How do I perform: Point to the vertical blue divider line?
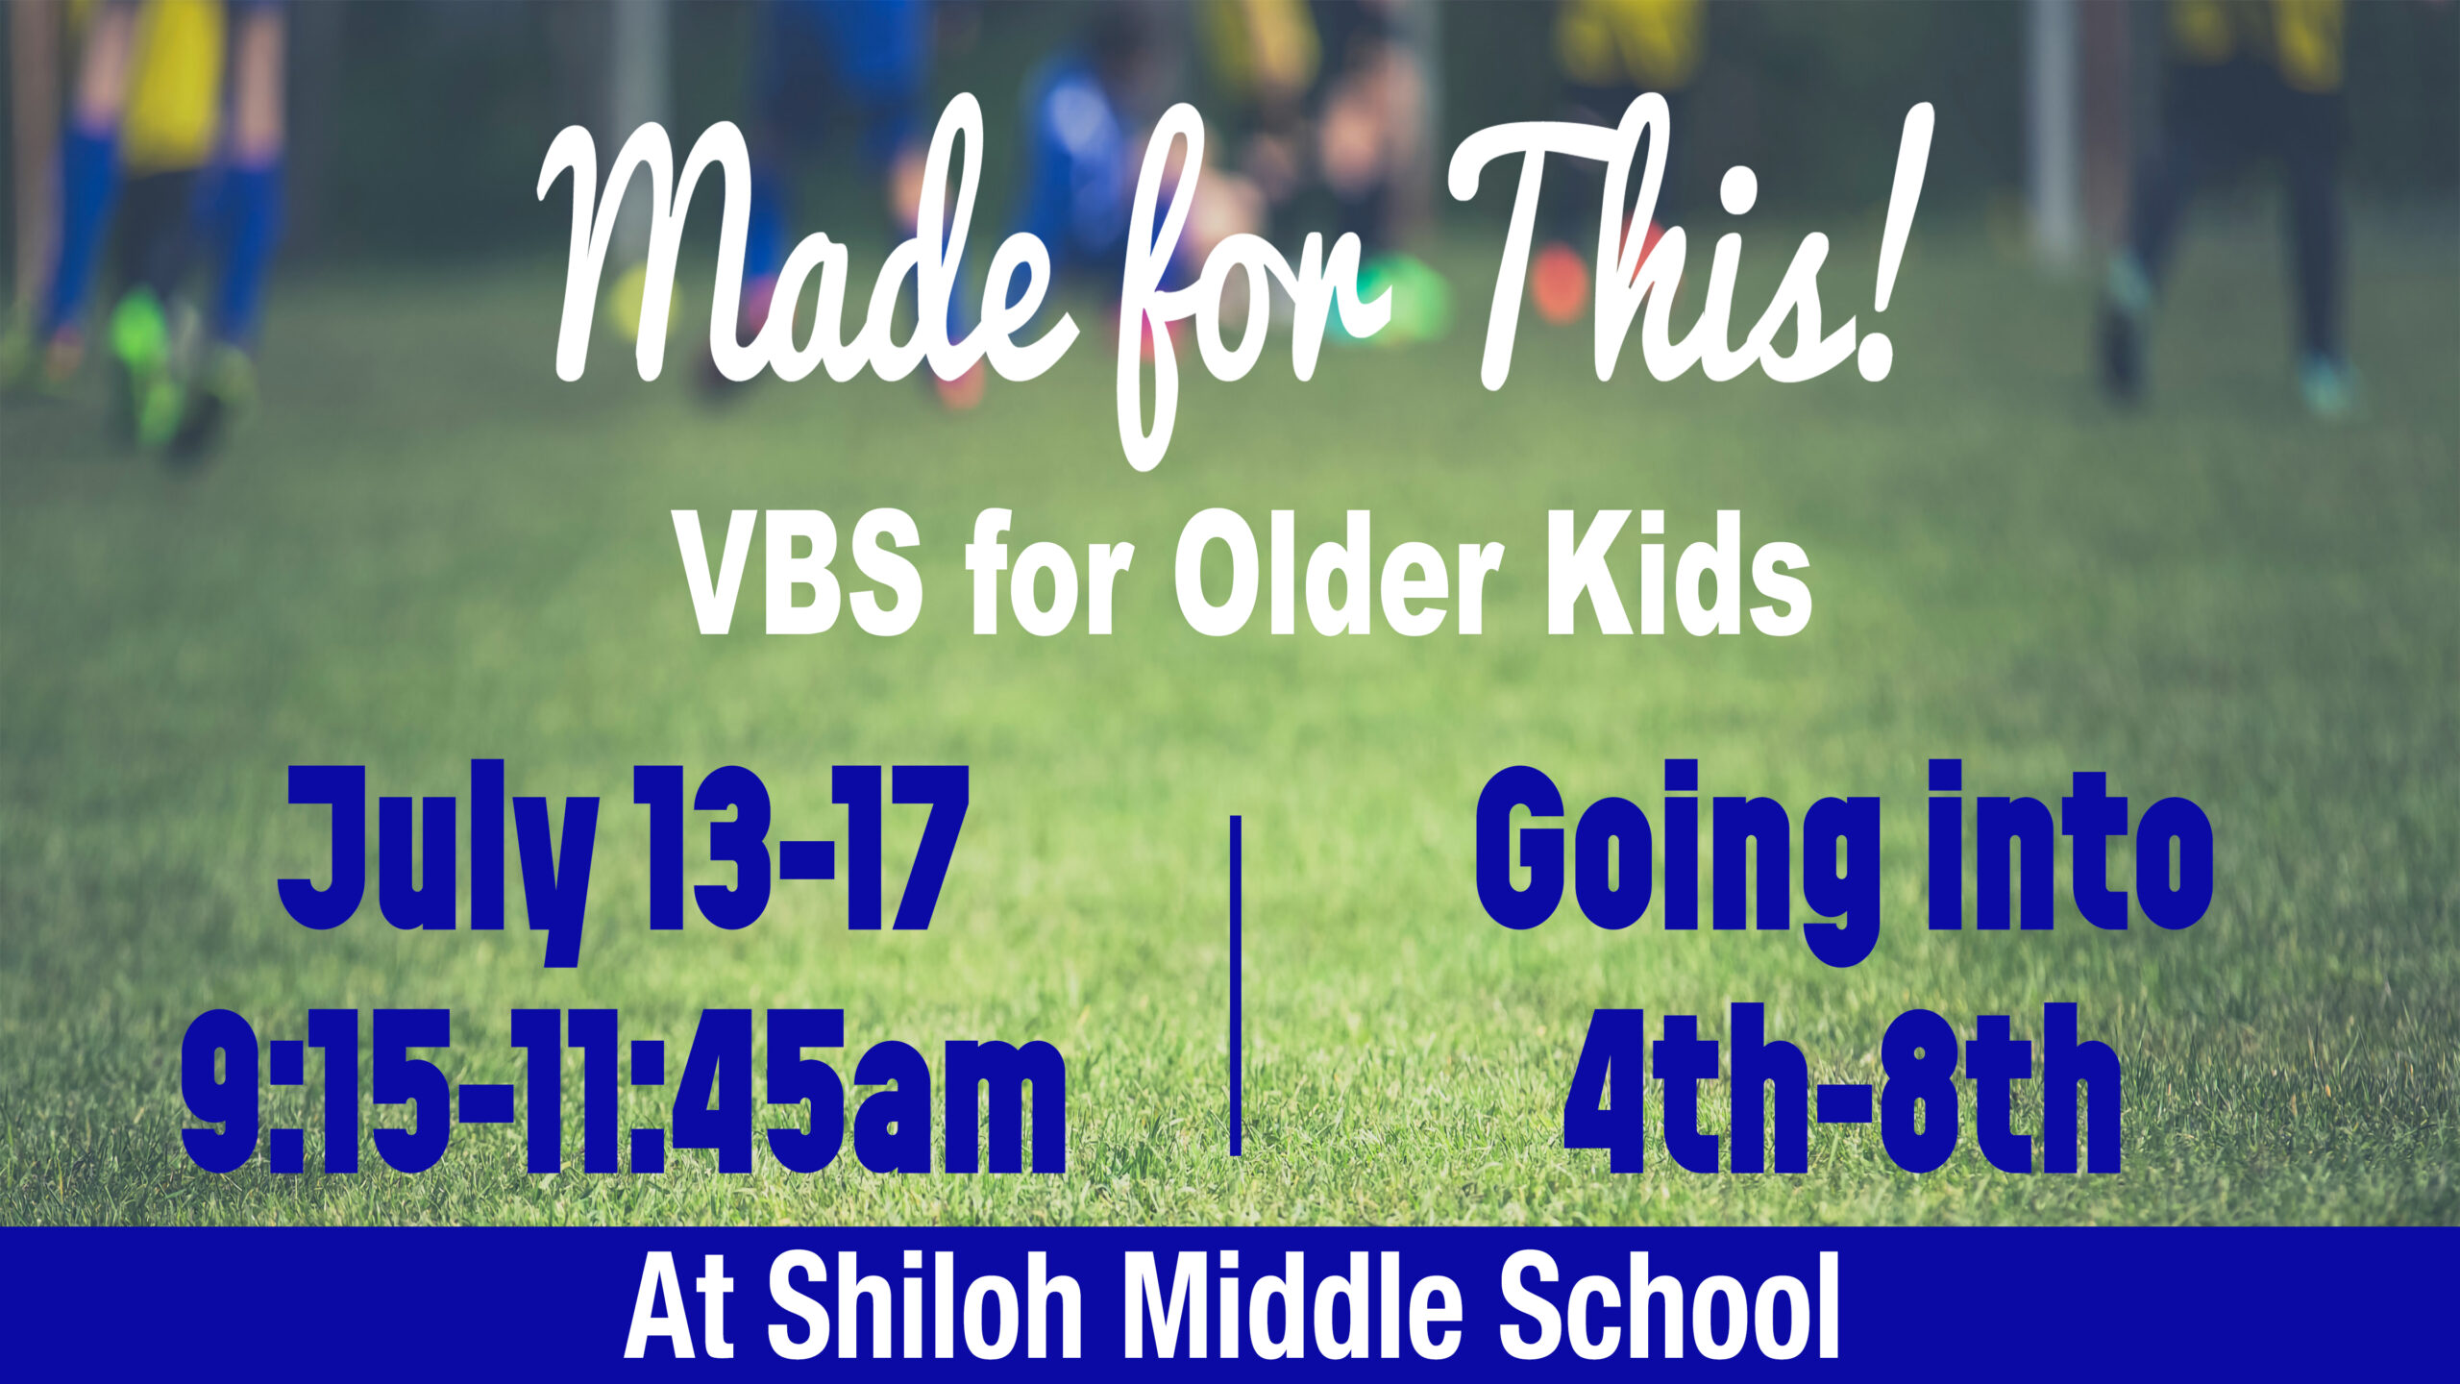(x=1235, y=985)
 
